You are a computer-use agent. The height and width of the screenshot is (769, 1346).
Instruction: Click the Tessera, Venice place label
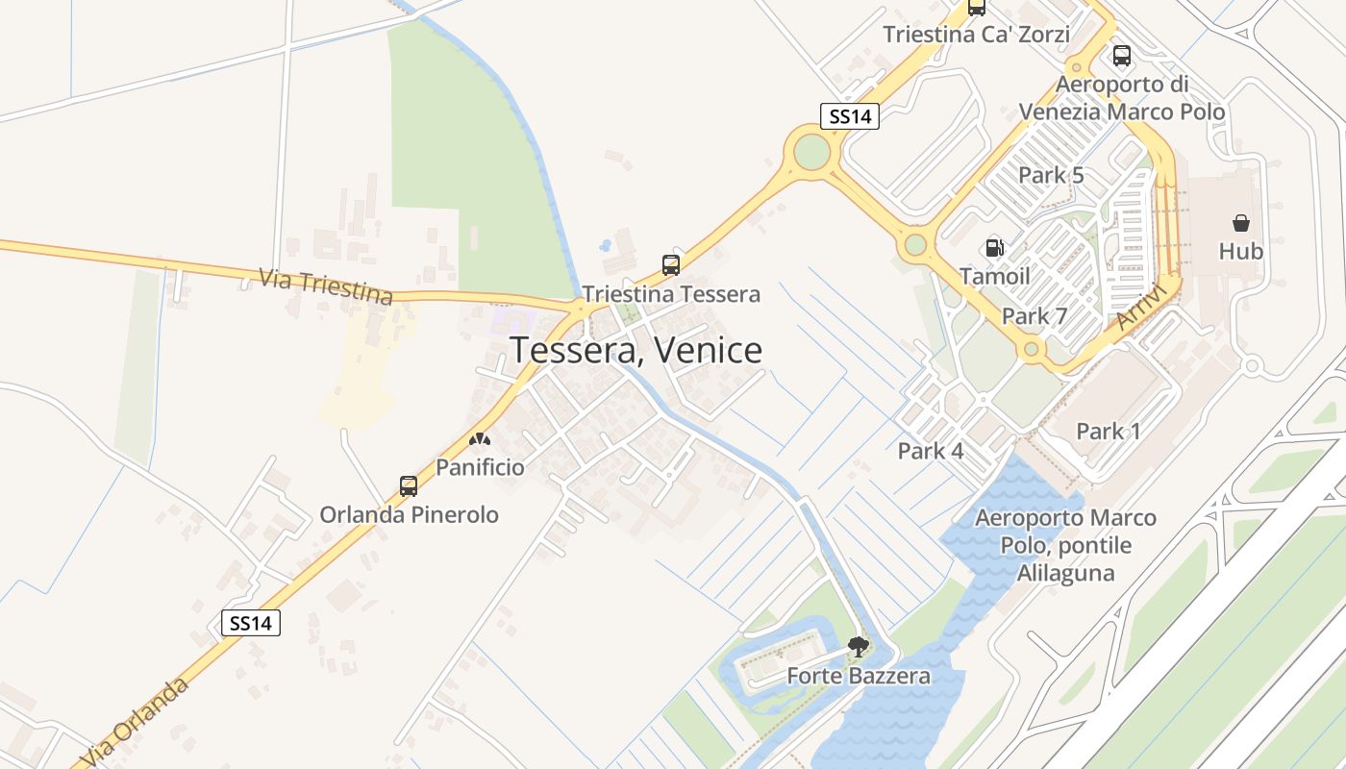point(636,351)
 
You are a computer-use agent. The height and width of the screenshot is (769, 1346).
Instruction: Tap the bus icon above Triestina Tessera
point(671,265)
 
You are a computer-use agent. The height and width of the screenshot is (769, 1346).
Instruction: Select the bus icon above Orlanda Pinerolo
point(409,486)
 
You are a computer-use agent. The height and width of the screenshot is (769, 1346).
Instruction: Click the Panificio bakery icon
point(480,439)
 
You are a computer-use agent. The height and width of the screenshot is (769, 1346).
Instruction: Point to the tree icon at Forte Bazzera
point(859,647)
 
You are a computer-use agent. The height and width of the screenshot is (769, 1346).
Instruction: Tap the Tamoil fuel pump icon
point(995,248)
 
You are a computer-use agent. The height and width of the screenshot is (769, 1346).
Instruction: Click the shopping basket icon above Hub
point(1241,224)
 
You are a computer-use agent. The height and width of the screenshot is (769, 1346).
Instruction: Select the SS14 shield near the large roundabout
point(850,116)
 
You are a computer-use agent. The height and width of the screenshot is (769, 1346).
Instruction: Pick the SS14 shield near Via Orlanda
point(251,623)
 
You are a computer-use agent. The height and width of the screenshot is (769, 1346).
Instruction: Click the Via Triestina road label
point(326,285)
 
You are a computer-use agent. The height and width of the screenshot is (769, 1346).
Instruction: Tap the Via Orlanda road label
point(134,723)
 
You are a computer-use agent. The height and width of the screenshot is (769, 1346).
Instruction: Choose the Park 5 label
point(1051,175)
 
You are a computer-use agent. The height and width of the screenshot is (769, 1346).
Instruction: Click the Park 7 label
point(1034,316)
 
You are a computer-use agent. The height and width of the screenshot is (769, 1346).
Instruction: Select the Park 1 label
point(1109,432)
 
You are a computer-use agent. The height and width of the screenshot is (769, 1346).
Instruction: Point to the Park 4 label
point(931,450)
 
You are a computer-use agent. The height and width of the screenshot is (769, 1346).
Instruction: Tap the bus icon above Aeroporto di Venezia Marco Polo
point(1121,56)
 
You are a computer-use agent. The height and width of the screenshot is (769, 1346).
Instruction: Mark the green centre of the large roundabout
point(811,151)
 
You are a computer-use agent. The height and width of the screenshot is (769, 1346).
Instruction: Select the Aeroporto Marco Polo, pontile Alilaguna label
point(1065,545)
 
